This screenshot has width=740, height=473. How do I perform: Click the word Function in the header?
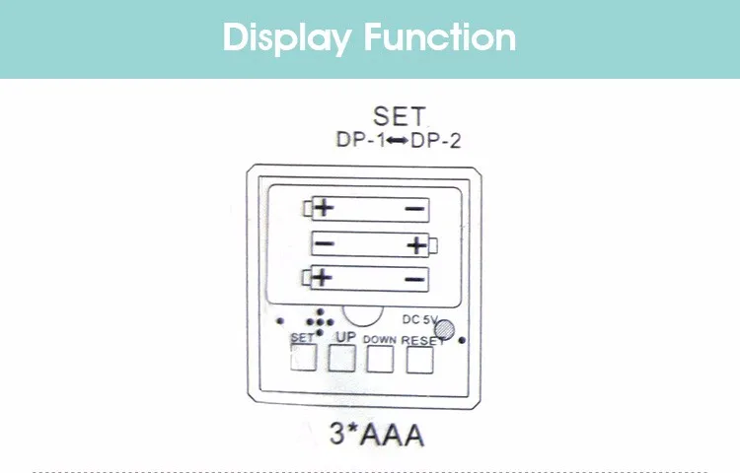point(440,37)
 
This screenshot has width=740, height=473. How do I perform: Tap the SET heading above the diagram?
point(399,117)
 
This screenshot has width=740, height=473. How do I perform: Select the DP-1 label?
point(359,141)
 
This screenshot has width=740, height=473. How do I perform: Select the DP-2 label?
point(436,141)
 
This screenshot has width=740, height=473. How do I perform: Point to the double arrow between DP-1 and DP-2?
point(398,141)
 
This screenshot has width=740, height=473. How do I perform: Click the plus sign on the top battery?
point(324,209)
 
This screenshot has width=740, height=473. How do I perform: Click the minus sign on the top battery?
point(414,209)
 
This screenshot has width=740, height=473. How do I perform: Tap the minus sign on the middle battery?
point(325,244)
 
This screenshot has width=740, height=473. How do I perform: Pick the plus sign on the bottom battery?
point(324,279)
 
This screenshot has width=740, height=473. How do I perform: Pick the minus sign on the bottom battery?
point(414,279)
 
